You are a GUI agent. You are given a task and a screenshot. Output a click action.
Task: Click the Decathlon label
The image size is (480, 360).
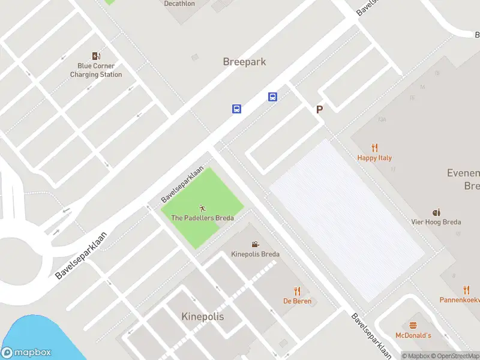coord(179,4)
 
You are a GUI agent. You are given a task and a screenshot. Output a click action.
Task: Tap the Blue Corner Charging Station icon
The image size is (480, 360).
coord(96,56)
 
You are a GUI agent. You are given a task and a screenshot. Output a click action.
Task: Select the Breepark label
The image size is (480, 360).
coord(244,62)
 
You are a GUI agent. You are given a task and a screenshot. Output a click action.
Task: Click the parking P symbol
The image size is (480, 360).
coord(320,109)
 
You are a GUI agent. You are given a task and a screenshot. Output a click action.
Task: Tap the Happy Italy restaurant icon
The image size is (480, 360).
coord(375,148)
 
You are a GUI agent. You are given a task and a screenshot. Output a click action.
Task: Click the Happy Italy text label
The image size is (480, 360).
coord(374,158)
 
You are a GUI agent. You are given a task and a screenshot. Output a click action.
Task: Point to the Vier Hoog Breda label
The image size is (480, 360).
coord(436,222)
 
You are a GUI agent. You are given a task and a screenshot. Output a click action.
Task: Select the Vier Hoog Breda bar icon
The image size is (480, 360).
coord(436,212)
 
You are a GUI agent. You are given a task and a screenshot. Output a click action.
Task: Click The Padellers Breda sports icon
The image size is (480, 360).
coord(202,208)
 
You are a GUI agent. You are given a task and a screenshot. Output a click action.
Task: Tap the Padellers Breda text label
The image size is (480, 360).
coord(202,218)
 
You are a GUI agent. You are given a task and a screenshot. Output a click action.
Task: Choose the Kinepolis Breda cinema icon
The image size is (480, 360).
coord(256,244)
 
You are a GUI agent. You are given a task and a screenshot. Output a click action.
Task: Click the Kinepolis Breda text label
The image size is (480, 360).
coord(256,254)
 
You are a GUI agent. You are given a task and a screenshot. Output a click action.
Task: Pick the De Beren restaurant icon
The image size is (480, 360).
coord(297,291)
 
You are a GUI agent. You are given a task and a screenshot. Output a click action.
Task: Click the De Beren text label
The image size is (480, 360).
coord(297,301)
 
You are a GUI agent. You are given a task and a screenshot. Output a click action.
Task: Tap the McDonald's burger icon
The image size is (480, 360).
coord(413,325)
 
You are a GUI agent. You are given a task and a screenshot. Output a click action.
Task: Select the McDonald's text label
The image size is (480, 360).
coord(413,335)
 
